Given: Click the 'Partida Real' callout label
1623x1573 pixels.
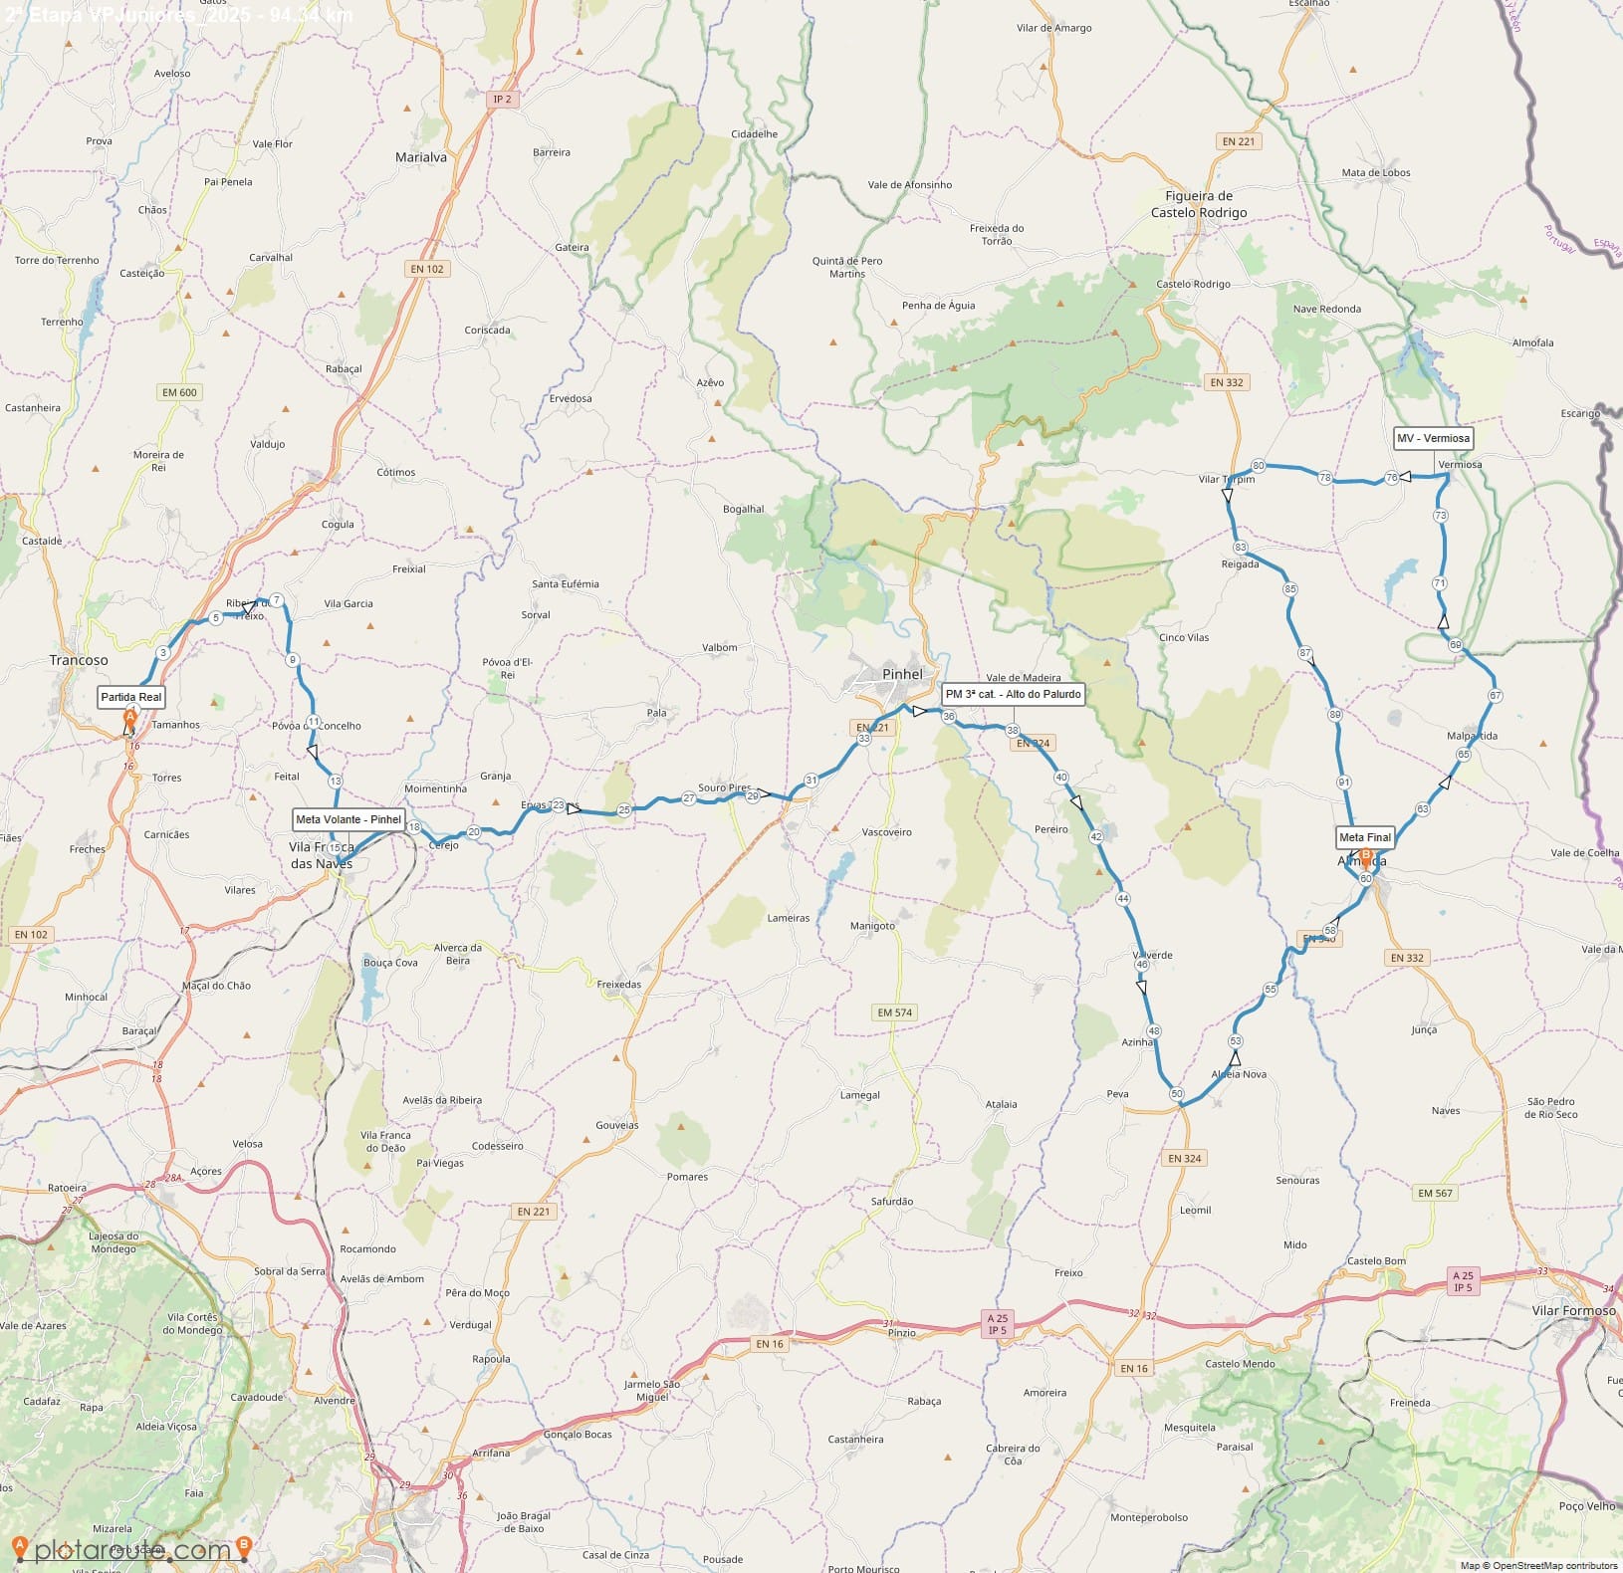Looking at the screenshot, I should (x=130, y=697).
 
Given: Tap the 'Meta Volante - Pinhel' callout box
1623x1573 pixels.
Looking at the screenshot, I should (x=348, y=819).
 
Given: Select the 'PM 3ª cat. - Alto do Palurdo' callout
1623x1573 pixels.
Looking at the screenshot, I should (x=1013, y=694).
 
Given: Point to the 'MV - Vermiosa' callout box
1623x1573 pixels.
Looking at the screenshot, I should (x=1433, y=438).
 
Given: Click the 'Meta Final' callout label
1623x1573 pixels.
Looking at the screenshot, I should (x=1365, y=837).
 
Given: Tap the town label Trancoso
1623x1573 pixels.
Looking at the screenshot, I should (x=79, y=660).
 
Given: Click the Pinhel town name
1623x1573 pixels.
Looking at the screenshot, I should (x=902, y=674).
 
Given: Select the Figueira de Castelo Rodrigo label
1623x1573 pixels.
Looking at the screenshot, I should (x=1199, y=204).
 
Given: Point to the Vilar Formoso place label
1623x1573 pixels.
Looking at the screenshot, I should (x=1573, y=1310).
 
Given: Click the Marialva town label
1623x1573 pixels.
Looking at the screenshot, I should (x=421, y=157).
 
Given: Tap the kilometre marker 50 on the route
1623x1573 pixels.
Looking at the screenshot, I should (x=1177, y=1094).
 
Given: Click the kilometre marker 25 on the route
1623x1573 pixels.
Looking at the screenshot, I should (x=624, y=810).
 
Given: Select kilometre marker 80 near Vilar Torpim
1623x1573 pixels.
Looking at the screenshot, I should (x=1259, y=465).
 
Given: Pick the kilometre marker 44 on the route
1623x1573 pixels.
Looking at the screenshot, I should (x=1123, y=898).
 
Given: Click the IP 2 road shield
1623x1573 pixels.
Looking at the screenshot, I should (x=502, y=99).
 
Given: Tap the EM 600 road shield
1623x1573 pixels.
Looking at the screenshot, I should (x=180, y=392).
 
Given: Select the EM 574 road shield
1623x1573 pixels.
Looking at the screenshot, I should (x=894, y=1012).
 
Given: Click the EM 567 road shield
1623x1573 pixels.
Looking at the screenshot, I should (x=1435, y=1193).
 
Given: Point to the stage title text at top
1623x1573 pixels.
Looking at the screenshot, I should (x=179, y=14).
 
